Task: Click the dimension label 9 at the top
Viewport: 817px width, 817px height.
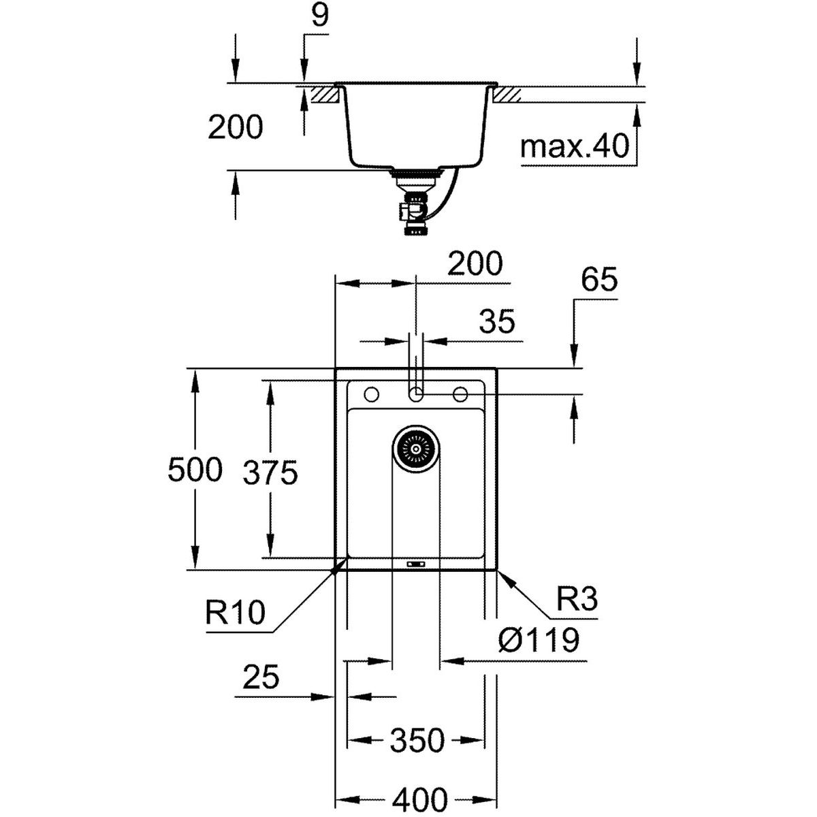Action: (x=319, y=16)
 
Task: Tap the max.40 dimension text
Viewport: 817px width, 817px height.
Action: (x=575, y=146)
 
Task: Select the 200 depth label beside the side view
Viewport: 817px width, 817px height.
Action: (x=235, y=127)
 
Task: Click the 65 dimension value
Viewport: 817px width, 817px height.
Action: (x=600, y=280)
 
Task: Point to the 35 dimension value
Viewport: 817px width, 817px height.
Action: (x=497, y=321)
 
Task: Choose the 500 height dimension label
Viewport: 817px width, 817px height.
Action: (x=195, y=470)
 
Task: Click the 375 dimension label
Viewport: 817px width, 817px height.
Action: (x=270, y=472)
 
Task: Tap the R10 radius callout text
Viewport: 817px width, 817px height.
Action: (x=234, y=613)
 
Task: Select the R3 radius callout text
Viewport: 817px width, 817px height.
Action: (x=577, y=600)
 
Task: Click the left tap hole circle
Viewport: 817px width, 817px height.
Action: (x=372, y=394)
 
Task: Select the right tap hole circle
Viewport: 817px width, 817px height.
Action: (x=460, y=394)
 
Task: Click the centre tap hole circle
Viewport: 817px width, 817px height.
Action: (x=416, y=394)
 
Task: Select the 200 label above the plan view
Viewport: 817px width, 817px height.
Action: (x=475, y=263)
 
